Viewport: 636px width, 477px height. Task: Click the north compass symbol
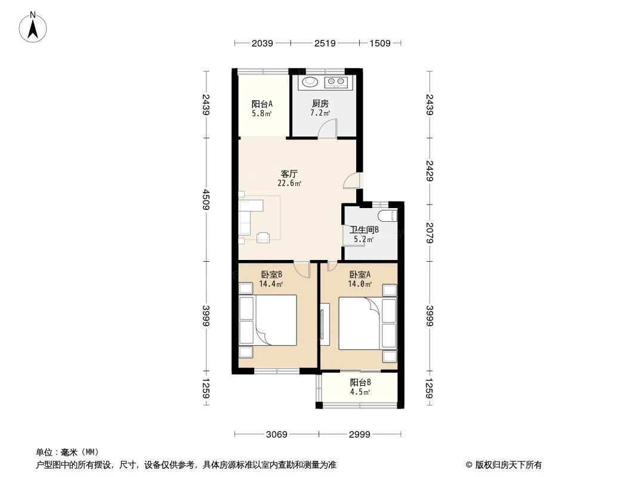tap(34, 27)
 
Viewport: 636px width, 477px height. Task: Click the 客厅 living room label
tap(289, 174)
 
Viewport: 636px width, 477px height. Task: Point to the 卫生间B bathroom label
tap(364, 230)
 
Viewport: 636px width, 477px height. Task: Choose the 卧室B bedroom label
tap(271, 275)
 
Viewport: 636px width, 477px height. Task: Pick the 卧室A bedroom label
tap(360, 275)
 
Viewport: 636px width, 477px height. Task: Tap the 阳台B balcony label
tap(360, 383)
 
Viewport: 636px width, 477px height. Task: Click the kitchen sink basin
tap(310, 82)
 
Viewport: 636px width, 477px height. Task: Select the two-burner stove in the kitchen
tap(335, 82)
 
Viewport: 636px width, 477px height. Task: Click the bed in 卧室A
tap(359, 324)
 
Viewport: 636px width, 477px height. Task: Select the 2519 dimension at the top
tap(325, 43)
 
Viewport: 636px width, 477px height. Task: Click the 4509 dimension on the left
tap(206, 199)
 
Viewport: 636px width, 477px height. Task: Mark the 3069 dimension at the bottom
tap(276, 434)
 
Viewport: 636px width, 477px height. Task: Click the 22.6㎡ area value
tap(289, 184)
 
